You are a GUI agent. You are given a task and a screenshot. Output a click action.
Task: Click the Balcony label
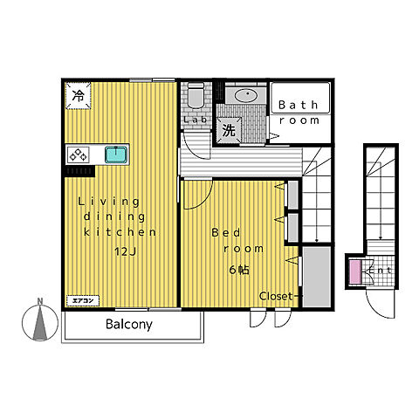(129, 325)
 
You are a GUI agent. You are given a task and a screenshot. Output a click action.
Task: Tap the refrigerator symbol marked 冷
(79, 96)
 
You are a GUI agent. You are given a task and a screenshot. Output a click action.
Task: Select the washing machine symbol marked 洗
(229, 130)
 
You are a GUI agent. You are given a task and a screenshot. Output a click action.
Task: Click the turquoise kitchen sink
(116, 155)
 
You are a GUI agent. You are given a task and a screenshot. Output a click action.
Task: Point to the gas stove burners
(79, 155)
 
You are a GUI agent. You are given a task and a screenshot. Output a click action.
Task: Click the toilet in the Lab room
(196, 95)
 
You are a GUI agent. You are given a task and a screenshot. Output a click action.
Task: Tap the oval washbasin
(247, 94)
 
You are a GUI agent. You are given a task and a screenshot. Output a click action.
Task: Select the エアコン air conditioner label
(83, 300)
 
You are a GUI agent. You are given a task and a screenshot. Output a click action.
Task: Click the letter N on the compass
(40, 301)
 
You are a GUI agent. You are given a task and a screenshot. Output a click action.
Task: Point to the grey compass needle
(40, 323)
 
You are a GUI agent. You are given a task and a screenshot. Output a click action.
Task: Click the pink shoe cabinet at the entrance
(354, 272)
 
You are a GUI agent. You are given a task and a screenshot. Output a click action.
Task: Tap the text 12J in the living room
(125, 251)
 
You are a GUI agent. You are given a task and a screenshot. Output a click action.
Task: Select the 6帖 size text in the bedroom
(239, 271)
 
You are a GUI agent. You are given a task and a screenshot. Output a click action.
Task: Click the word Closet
(276, 296)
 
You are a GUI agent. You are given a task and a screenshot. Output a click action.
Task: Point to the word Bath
(298, 105)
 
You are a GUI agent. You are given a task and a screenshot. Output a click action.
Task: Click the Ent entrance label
(380, 271)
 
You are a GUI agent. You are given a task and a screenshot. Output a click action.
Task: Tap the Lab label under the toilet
(196, 120)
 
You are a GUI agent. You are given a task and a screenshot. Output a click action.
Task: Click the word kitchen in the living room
(120, 232)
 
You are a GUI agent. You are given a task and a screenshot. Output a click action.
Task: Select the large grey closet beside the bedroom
(317, 277)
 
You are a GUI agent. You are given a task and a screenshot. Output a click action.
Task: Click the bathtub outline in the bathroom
(300, 98)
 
